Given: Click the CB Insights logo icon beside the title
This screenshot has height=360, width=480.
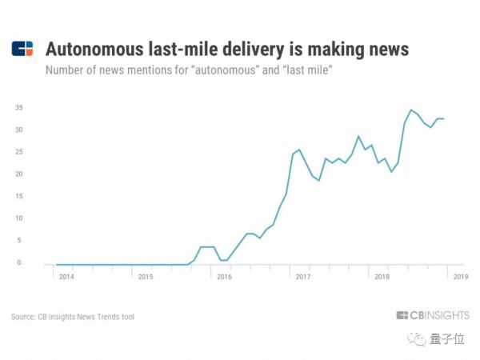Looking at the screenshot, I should (x=22, y=50).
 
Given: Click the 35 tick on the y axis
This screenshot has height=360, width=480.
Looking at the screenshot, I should (x=29, y=107).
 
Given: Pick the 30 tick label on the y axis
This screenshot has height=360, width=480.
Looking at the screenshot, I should (x=29, y=130).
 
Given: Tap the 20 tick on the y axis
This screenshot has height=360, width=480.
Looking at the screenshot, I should (x=29, y=174).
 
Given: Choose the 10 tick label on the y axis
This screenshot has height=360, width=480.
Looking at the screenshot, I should (x=29, y=218).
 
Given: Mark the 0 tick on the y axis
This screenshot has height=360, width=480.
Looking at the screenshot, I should (x=30, y=262).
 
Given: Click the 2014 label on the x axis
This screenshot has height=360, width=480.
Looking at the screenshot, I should (x=66, y=277).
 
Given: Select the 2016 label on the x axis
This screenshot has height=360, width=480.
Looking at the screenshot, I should (x=224, y=277).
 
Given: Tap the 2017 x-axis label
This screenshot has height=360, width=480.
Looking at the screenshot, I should (x=303, y=277).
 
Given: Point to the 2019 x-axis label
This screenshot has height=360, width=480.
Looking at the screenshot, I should (x=462, y=277).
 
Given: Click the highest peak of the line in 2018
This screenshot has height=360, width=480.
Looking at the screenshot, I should (x=411, y=110).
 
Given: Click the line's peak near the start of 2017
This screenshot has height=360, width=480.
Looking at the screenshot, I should (x=299, y=149).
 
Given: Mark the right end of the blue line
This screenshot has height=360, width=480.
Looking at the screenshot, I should (x=444, y=118).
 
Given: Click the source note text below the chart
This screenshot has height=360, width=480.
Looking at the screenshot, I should (x=73, y=318).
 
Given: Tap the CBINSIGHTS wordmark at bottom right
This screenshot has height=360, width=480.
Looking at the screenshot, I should (x=432, y=315).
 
